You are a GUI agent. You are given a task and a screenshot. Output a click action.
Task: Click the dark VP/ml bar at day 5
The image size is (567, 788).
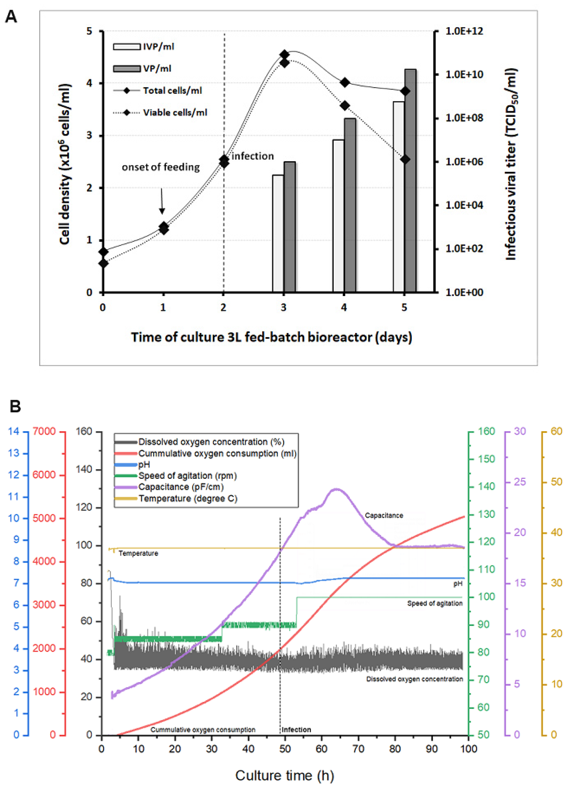[x=410, y=181]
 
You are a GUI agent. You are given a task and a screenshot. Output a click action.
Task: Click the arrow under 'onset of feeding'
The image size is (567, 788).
[x=162, y=201]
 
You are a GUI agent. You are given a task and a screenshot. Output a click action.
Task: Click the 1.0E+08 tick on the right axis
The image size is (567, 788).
[x=464, y=118]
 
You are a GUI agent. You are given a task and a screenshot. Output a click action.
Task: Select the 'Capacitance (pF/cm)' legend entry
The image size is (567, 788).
[x=181, y=487]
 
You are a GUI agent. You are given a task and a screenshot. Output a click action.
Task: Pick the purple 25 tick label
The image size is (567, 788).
[x=520, y=482]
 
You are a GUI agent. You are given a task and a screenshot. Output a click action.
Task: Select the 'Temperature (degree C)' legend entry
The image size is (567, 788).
[x=188, y=499]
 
